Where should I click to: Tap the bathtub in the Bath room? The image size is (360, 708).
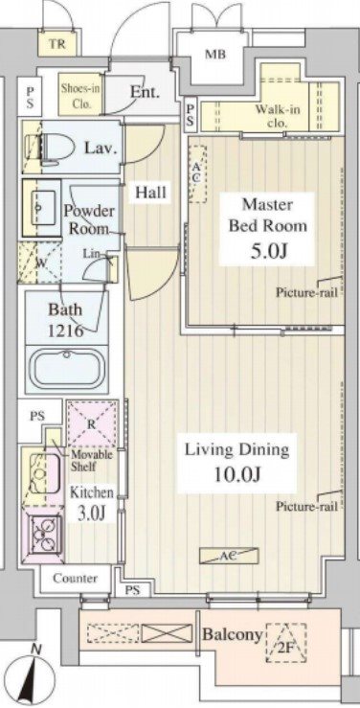click(x=67, y=369)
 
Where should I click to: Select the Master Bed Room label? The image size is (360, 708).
click(x=267, y=215)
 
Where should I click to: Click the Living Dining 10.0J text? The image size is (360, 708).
click(x=237, y=463)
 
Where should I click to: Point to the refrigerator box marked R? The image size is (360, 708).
click(x=92, y=423)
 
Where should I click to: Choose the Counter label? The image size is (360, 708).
click(x=75, y=578)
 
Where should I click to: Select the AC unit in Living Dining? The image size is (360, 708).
click(x=230, y=556)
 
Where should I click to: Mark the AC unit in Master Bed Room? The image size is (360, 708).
click(x=196, y=173)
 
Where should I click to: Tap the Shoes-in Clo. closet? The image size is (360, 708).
click(x=80, y=94)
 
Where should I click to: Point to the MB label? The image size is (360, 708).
click(x=215, y=55)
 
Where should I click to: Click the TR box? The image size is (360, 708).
click(x=56, y=45)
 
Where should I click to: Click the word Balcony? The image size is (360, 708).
click(x=233, y=634)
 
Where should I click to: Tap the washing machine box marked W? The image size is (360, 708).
click(x=40, y=263)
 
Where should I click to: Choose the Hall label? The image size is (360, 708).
click(x=151, y=193)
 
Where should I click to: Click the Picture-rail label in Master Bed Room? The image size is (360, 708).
click(x=306, y=292)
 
